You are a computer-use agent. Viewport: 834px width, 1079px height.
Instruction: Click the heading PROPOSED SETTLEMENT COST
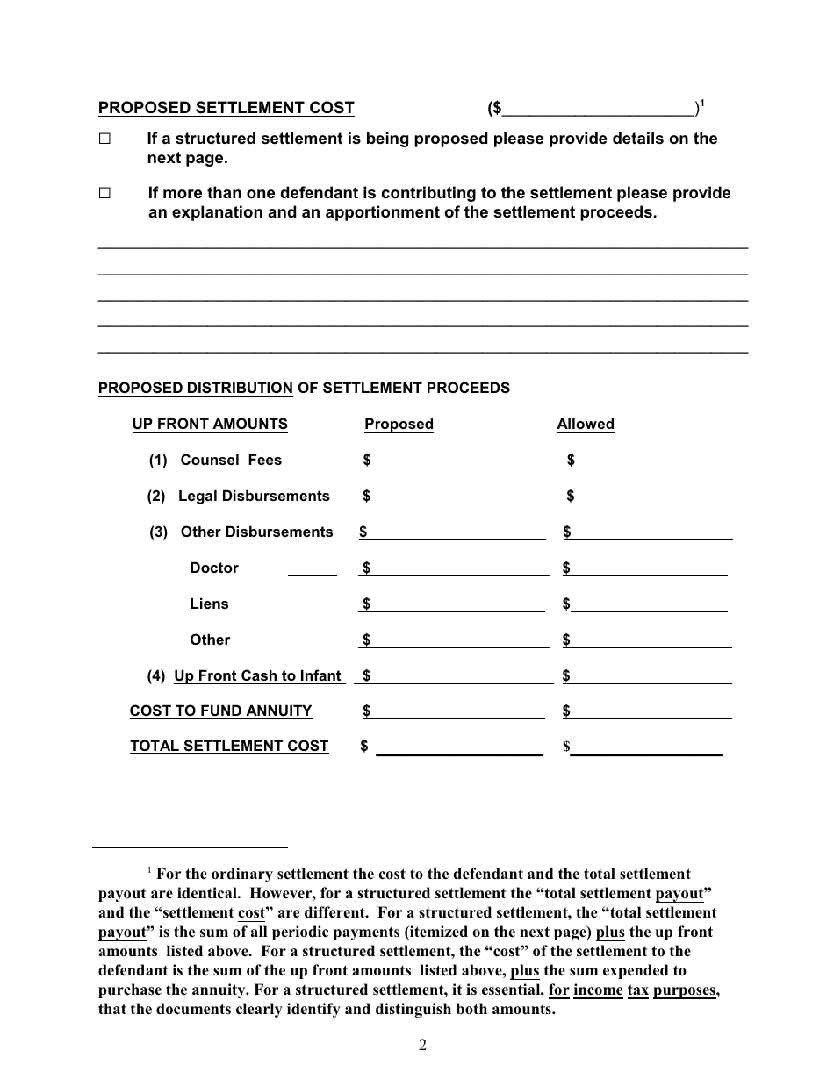pyautogui.click(x=226, y=108)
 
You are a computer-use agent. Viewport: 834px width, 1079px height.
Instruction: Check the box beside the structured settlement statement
pyautogui.click(x=105, y=139)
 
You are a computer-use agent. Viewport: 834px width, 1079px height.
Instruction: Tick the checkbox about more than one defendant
pyautogui.click(x=105, y=193)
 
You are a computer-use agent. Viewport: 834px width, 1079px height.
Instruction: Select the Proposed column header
pyautogui.click(x=399, y=425)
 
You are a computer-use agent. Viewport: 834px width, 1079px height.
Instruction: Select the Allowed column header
pyautogui.click(x=585, y=425)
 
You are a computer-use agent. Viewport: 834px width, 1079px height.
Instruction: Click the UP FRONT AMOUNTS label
pyautogui.click(x=210, y=425)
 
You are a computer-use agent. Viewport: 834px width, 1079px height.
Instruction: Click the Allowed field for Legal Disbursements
pyautogui.click(x=654, y=497)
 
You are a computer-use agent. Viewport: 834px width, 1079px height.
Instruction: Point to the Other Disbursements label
pyautogui.click(x=256, y=532)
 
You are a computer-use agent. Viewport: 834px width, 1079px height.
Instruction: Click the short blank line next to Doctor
pyautogui.click(x=312, y=569)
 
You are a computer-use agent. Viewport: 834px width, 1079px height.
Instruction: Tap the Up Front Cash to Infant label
pyautogui.click(x=257, y=676)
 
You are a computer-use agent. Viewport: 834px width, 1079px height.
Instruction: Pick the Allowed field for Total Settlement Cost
pyautogui.click(x=646, y=747)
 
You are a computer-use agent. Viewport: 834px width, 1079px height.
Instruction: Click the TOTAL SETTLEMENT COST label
pyautogui.click(x=229, y=747)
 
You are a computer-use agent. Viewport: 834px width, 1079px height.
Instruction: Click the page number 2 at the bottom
pyautogui.click(x=422, y=1045)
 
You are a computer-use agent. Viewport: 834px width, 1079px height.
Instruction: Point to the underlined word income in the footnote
pyautogui.click(x=598, y=990)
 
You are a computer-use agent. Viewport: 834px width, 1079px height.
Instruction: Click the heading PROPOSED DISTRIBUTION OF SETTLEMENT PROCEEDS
pyautogui.click(x=304, y=389)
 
